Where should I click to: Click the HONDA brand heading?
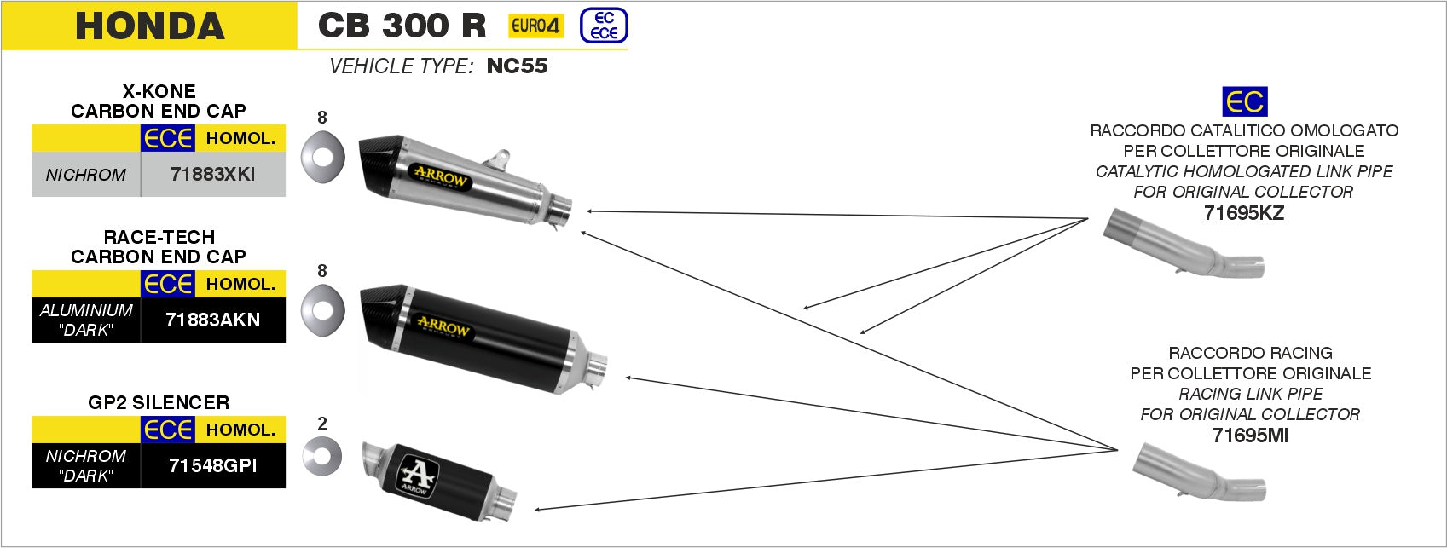coord(149,26)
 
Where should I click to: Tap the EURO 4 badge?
coord(535,26)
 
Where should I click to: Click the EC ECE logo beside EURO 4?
coord(604,26)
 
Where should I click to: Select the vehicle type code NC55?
coord(517,66)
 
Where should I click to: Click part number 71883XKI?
coord(212,175)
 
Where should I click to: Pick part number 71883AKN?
coord(212,320)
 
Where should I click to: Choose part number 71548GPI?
coord(212,465)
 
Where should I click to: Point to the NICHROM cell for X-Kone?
coord(86,175)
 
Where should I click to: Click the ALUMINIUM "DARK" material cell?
coord(86,320)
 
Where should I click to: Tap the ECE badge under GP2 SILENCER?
coord(168,430)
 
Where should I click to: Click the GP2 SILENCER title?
coord(159,402)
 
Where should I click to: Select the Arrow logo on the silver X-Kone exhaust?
coord(440,176)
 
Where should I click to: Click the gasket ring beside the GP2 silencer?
coord(321,457)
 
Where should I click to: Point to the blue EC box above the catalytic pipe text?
coord(1244,101)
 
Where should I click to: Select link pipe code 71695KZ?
coord(1243,213)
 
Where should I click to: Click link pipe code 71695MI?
coord(1250,436)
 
